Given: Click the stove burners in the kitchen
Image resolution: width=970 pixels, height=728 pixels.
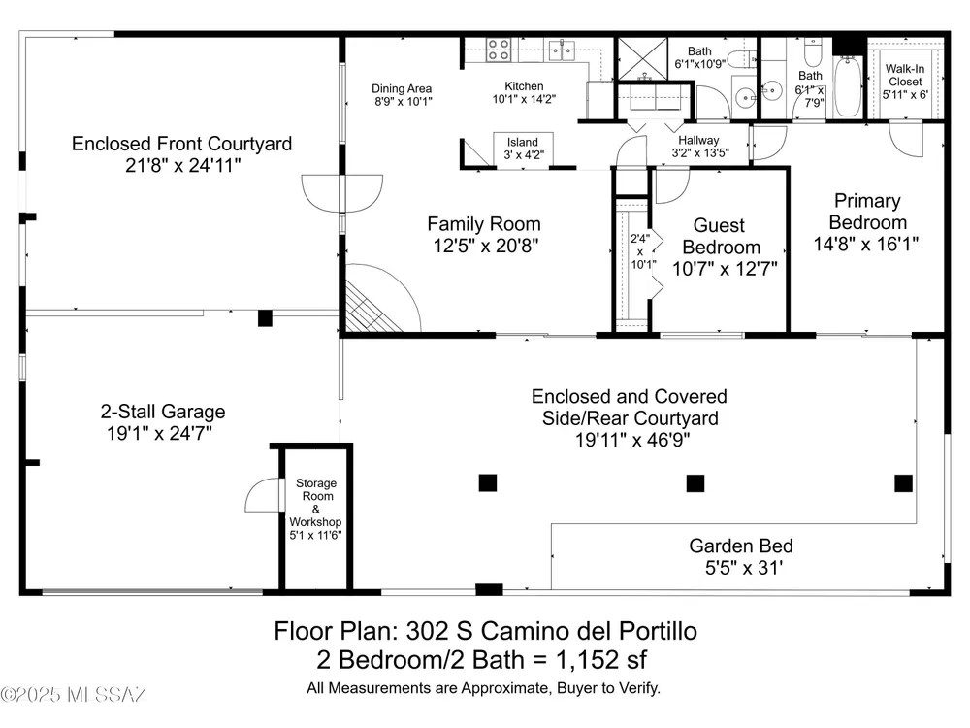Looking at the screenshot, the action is [x=498, y=50].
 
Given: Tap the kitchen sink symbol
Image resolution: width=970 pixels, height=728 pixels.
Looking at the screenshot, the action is [x=562, y=50].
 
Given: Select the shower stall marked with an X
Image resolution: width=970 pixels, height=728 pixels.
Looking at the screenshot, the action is [x=643, y=59].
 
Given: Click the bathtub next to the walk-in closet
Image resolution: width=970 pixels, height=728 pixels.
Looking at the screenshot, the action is [x=848, y=86].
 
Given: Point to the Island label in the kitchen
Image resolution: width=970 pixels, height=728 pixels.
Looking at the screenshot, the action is [x=523, y=143].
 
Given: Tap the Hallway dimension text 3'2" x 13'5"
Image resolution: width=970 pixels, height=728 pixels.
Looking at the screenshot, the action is [x=700, y=153].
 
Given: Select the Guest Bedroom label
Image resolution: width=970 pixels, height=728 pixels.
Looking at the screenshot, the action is [x=721, y=236].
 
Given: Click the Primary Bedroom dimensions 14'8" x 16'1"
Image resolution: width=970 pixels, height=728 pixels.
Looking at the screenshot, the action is [x=866, y=244].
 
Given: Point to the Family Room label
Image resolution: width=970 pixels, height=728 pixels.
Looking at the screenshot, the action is [x=484, y=223].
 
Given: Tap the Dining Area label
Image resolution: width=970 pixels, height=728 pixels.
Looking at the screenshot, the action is [x=402, y=88].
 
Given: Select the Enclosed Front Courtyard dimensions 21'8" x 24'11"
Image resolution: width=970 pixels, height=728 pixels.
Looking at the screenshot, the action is [x=183, y=165].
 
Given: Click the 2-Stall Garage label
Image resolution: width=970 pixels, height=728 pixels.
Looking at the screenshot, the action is [x=163, y=411].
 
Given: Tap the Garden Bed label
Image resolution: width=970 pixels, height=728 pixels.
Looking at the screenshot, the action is [x=741, y=546].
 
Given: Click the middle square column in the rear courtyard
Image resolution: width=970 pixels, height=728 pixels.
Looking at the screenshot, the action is [x=695, y=482].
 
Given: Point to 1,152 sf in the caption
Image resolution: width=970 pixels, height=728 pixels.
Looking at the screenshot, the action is [x=601, y=659].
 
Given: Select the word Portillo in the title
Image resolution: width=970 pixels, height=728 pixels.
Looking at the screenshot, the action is [x=659, y=631].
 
